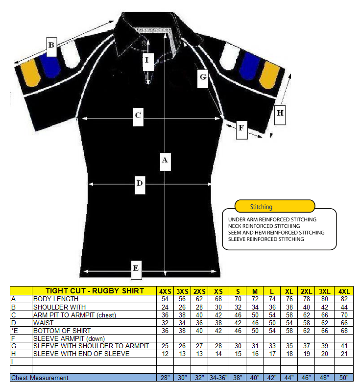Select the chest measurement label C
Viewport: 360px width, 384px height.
139,117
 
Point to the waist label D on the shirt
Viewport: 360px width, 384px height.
140,184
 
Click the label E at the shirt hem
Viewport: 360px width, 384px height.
137,268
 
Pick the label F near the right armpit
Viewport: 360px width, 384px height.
241,129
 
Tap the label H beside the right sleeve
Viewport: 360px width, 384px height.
279,114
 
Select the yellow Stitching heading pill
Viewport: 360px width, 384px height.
274,206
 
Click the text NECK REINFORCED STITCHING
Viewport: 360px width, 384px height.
264,226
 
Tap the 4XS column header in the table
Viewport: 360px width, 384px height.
165,291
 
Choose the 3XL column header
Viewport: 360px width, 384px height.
324,291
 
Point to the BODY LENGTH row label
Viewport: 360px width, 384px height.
56,299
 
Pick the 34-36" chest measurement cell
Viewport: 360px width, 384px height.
218,378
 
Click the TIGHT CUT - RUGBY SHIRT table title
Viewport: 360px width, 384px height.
95,291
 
